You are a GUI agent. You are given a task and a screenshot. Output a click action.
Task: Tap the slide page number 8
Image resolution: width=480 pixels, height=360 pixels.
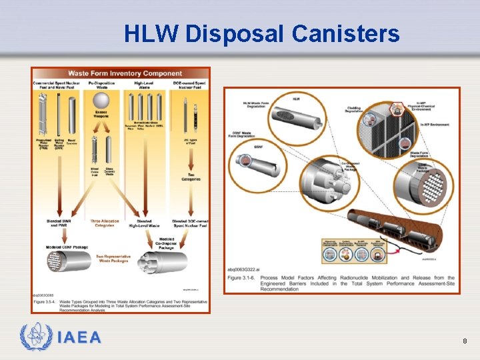coord(465,341)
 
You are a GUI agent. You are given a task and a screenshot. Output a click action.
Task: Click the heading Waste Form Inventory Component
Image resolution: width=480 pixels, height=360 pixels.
coord(125,73)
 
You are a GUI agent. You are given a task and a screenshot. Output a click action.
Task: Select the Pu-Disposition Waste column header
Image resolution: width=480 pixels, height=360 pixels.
coord(101,85)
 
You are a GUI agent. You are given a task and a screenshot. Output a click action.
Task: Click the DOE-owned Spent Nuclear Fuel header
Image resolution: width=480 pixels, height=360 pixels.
coord(189,85)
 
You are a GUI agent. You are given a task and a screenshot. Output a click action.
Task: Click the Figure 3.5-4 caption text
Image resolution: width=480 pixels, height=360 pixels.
coord(120,303)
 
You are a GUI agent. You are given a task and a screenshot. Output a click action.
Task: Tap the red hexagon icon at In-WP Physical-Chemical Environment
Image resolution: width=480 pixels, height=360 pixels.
coord(399,108)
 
